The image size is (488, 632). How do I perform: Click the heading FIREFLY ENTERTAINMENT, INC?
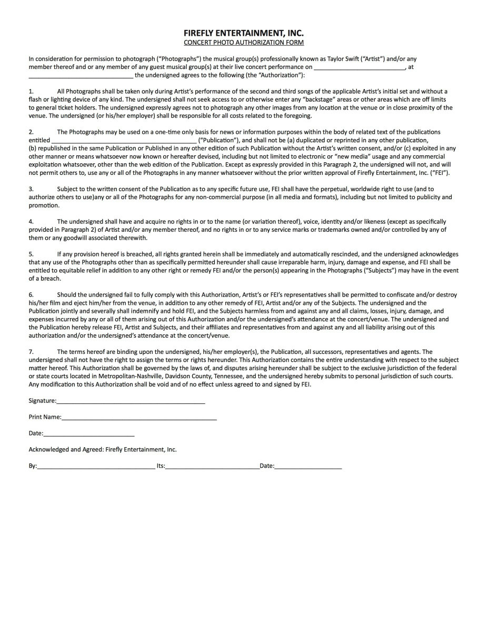[244, 33]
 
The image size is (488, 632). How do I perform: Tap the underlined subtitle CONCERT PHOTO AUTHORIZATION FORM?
[244, 43]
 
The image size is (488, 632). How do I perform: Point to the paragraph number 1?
[31, 92]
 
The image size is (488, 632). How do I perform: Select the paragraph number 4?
[31, 222]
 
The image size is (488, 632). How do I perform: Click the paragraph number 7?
[31, 352]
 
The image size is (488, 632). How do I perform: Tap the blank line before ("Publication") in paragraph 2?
[124, 141]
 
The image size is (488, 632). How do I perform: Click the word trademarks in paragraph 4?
[358, 230]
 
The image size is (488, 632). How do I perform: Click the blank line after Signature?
[131, 401]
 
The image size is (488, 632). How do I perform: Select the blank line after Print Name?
[139, 418]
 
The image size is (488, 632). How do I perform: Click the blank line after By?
[96, 467]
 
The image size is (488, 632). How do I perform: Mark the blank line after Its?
[213, 467]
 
